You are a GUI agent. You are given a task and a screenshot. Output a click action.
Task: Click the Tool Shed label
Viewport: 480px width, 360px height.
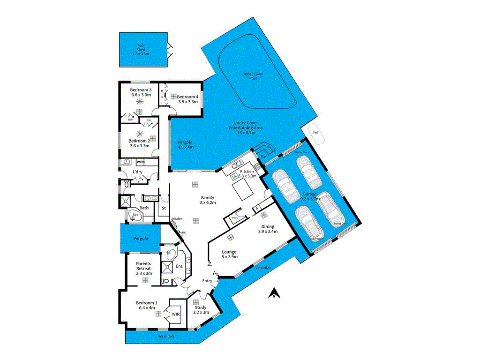(141, 49)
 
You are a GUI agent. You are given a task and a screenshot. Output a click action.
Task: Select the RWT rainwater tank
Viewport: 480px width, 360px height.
(315, 133)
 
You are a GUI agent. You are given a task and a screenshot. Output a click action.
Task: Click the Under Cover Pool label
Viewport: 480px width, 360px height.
(253, 76)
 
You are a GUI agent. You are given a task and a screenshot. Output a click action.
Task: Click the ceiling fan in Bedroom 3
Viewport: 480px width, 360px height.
(140, 101)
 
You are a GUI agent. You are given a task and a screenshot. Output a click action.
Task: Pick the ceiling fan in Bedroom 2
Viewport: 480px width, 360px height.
(139, 134)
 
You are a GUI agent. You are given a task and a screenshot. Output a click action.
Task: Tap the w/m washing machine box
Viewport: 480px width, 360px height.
(140, 162)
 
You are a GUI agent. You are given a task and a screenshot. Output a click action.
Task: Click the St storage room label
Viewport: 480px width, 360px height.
(164, 208)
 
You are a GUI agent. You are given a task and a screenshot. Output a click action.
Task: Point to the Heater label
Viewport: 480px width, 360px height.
(177, 218)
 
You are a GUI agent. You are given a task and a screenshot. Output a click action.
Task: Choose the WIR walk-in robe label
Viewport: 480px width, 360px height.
(176, 314)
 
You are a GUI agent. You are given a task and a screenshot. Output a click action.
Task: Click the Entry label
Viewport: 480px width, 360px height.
(207, 281)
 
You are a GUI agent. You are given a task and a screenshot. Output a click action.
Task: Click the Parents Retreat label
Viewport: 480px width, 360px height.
(141, 266)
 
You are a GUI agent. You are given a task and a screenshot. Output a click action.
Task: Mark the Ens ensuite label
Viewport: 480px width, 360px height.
(179, 267)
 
